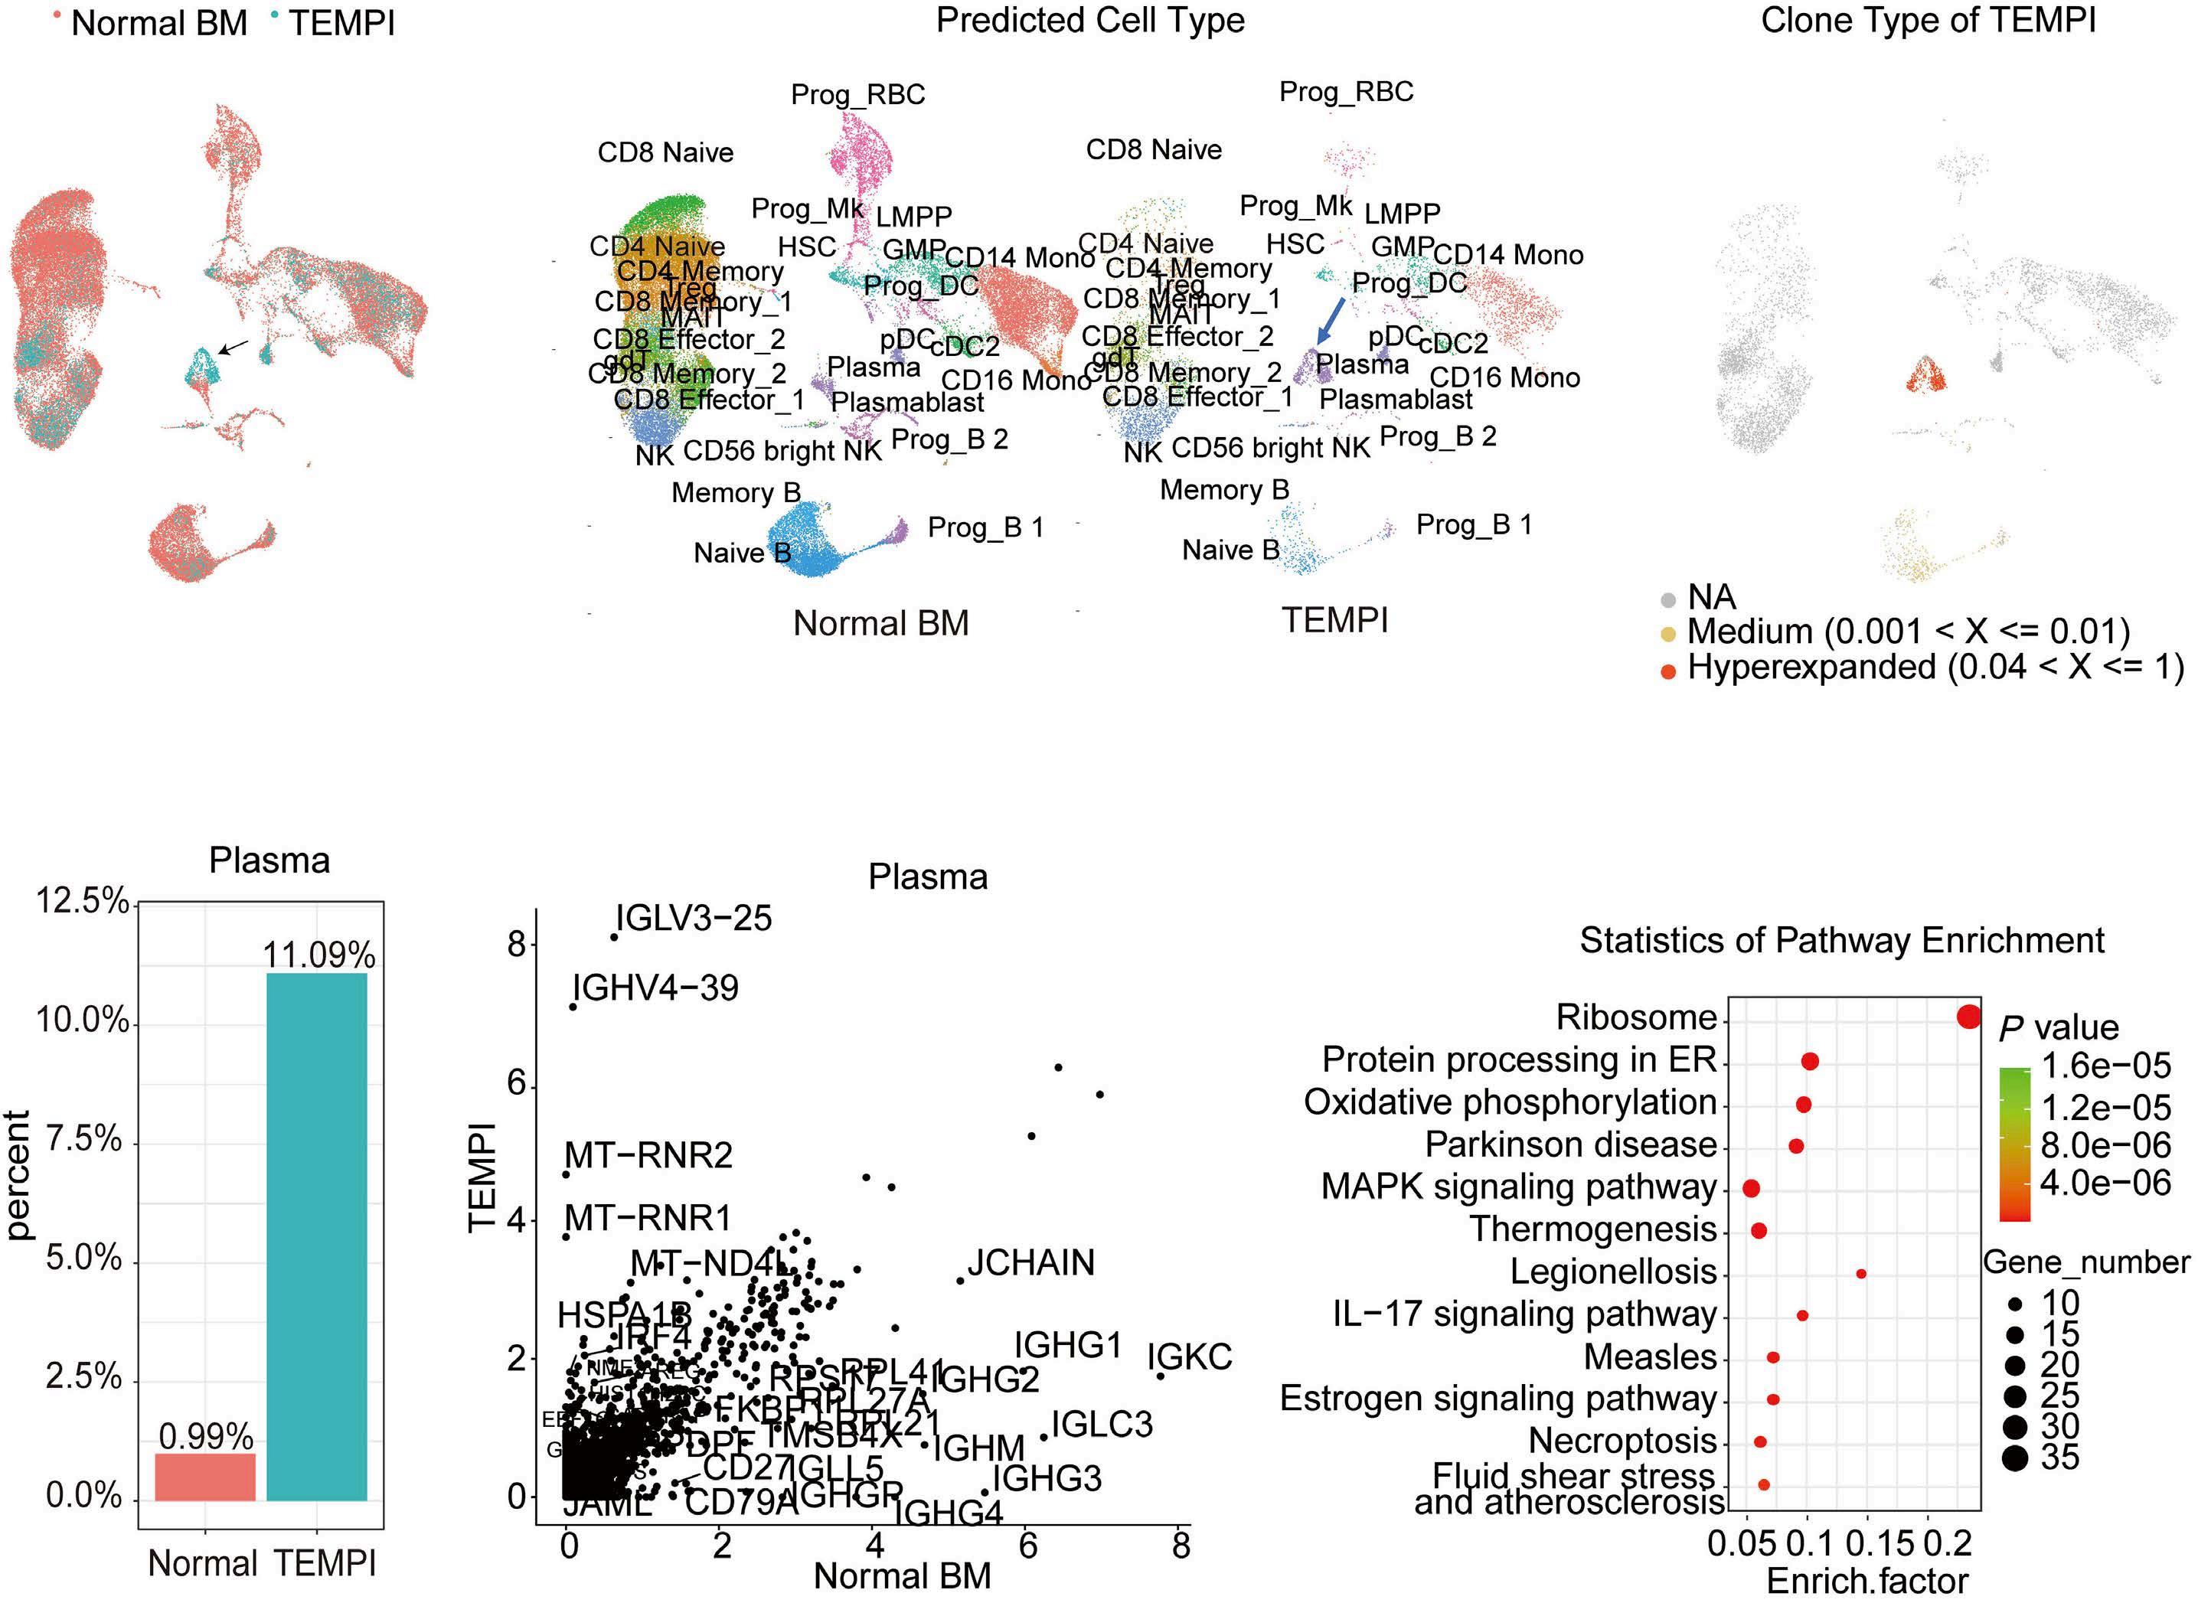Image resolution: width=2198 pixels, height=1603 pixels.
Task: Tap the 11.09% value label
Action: (x=318, y=956)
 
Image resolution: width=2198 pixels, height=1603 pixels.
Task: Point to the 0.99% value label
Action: (x=206, y=1436)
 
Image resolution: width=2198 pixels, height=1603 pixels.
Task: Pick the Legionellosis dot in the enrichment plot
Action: (x=1860, y=1273)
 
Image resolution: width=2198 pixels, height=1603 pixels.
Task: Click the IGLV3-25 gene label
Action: (x=694, y=918)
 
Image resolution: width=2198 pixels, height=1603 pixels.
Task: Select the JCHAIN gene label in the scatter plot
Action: (x=1030, y=1262)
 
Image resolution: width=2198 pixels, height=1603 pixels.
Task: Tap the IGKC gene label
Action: (x=1189, y=1357)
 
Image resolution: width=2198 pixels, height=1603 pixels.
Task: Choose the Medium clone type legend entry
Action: (x=1908, y=632)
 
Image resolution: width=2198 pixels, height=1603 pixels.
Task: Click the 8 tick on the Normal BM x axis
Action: (x=1180, y=1546)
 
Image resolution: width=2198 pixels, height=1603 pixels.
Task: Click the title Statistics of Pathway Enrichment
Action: (x=1842, y=940)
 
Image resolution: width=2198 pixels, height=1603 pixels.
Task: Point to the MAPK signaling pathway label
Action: (x=1519, y=1187)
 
